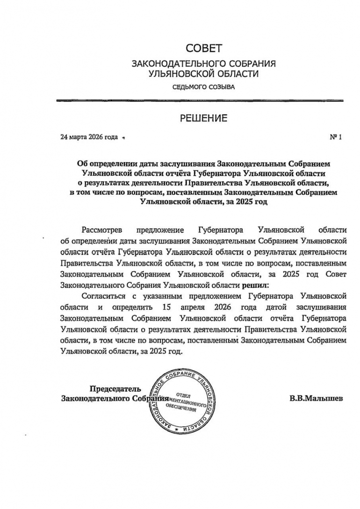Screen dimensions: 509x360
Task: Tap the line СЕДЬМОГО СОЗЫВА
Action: point(203,87)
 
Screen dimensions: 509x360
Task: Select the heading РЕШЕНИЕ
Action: point(203,118)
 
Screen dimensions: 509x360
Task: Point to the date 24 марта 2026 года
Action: point(89,137)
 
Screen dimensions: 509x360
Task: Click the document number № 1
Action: point(336,137)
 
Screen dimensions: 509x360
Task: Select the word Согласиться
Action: point(103,296)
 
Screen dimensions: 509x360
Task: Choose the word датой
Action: point(279,307)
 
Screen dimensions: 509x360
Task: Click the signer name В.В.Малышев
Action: point(316,399)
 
